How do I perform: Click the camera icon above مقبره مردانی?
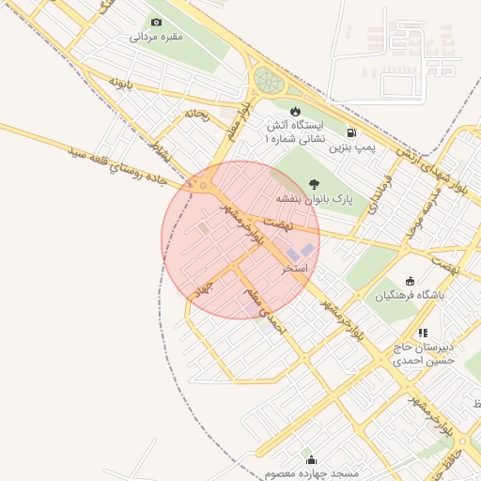point(156,22)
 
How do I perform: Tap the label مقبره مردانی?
point(156,38)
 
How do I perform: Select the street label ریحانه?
point(195,115)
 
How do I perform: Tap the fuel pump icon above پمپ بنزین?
point(351,132)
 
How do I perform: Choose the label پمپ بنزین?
point(352,147)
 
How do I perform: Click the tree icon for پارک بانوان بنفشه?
point(314,184)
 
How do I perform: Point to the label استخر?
point(297,268)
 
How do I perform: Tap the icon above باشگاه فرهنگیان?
point(410,281)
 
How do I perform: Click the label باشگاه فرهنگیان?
point(408,296)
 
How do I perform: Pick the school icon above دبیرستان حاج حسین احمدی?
point(424,333)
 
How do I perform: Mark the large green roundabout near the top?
point(269,80)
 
